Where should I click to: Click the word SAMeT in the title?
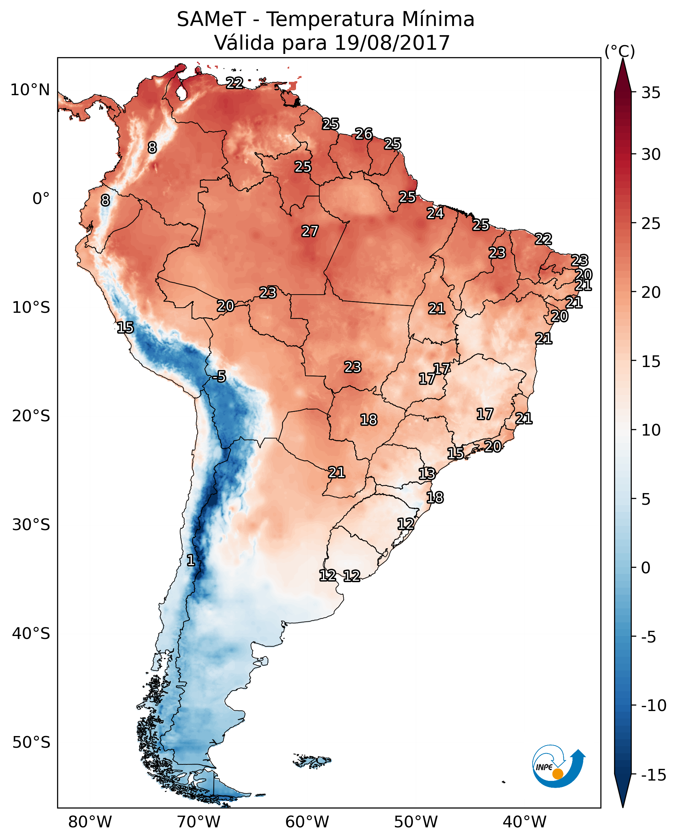pos(211,19)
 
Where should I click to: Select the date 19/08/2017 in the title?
pos(392,43)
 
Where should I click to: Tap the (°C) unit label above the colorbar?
pos(620,51)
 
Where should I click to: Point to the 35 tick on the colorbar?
pos(651,93)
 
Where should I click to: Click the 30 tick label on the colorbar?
pos(651,155)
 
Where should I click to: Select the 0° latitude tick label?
pos(41,199)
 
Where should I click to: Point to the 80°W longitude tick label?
pos(90,822)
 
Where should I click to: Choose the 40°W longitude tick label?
pos(524,822)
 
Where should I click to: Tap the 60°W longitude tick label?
pos(307,822)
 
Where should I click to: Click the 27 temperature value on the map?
pos(310,231)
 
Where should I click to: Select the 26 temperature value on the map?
pos(364,134)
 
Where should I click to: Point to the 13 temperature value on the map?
pos(427,474)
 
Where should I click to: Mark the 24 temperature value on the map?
pos(435,213)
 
